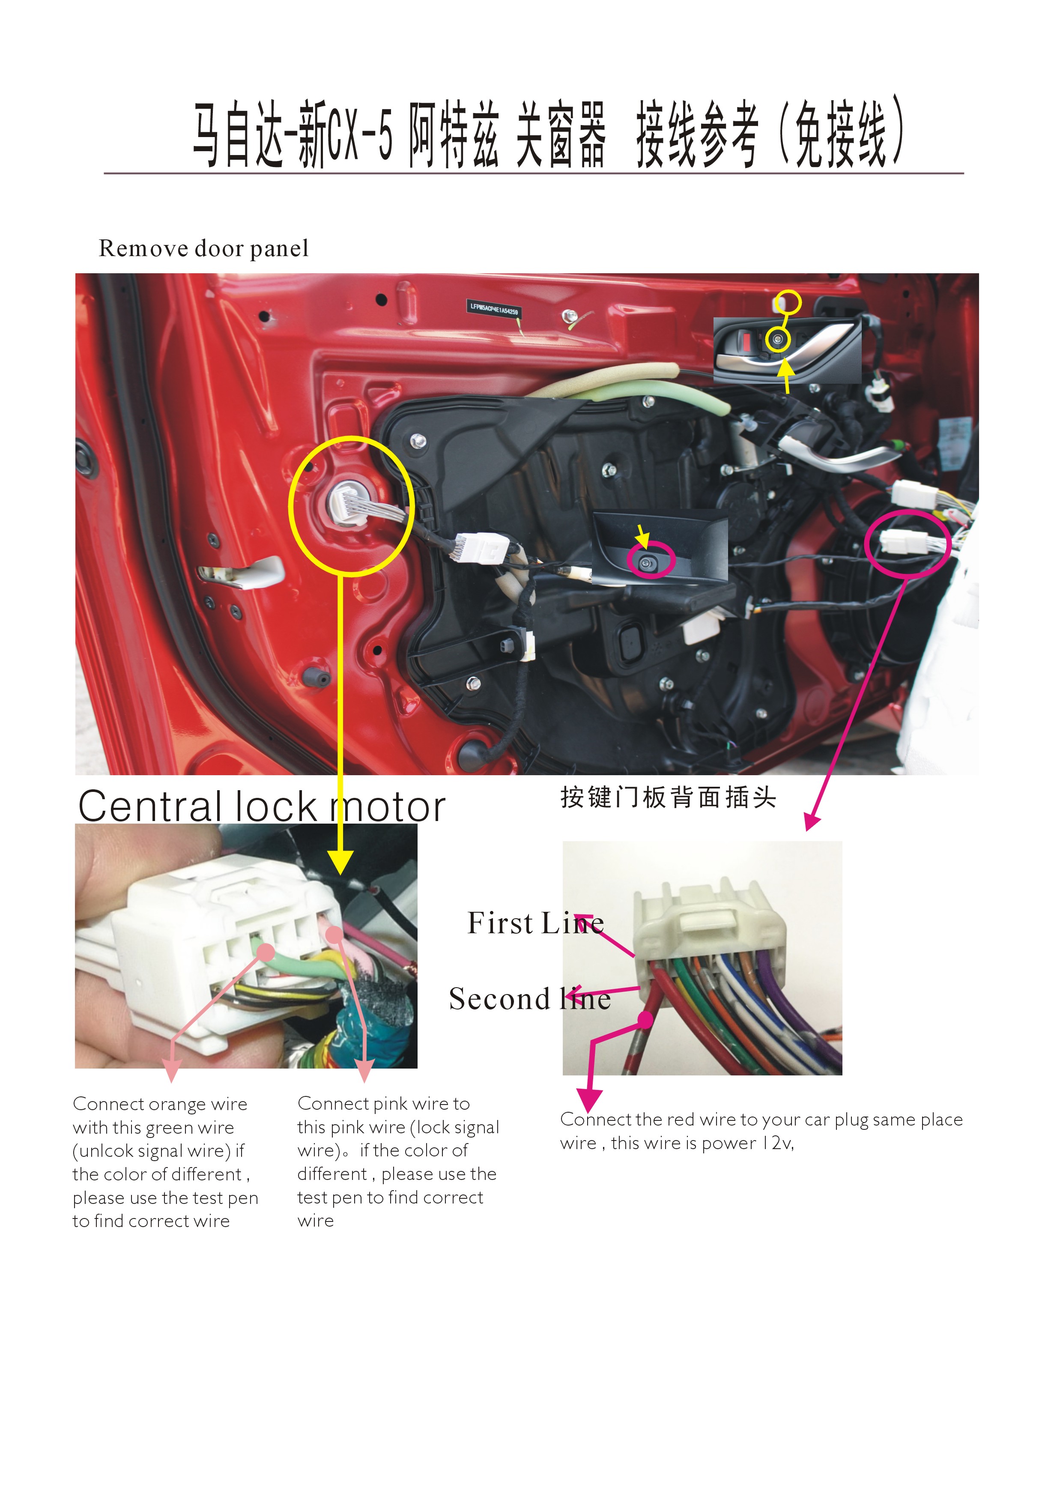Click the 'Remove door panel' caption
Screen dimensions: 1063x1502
203,249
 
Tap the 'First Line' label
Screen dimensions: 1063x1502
535,923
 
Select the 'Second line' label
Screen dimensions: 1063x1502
529,999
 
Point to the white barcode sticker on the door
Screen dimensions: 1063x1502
493,307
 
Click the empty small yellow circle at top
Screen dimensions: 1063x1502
788,302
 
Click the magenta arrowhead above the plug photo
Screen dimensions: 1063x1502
812,823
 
